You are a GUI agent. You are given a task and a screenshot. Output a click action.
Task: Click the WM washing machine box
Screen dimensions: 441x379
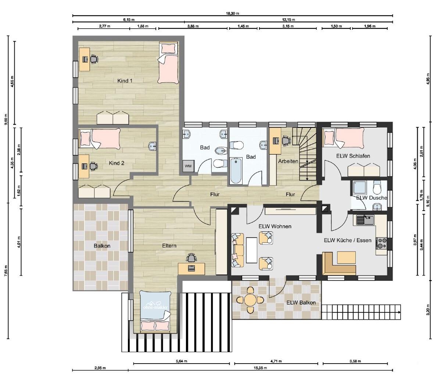click(x=188, y=166)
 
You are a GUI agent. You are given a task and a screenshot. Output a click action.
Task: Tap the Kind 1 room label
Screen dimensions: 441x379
click(x=125, y=81)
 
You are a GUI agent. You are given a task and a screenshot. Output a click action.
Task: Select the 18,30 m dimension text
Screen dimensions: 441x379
click(x=233, y=13)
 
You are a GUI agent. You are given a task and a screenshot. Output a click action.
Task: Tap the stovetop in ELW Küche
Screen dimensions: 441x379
click(x=381, y=243)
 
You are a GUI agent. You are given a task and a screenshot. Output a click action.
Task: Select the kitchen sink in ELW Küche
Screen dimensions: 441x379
click(x=365, y=220)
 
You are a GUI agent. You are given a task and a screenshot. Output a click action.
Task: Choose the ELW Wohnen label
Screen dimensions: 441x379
click(x=275, y=226)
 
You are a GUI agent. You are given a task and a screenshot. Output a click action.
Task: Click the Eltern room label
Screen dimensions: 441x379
click(x=169, y=246)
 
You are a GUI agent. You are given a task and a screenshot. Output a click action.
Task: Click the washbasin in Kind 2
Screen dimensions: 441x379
click(x=153, y=146)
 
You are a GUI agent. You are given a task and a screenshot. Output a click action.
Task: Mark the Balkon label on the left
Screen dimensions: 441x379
click(x=102, y=246)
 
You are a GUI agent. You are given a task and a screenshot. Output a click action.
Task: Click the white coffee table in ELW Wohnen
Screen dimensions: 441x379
click(x=251, y=250)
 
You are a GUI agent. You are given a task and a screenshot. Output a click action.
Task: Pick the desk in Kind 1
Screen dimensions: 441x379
click(x=84, y=59)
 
